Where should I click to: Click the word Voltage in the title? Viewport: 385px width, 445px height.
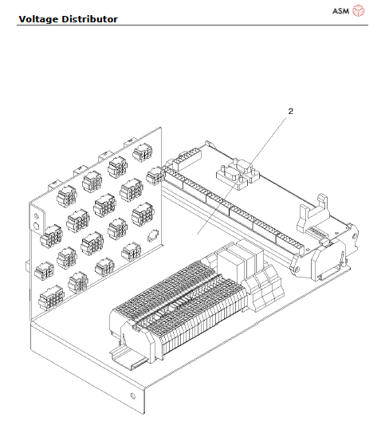(x=41, y=18)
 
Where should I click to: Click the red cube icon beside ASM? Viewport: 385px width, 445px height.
(x=359, y=10)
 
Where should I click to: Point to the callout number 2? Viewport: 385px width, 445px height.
(x=290, y=111)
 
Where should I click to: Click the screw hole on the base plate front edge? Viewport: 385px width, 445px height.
(x=132, y=396)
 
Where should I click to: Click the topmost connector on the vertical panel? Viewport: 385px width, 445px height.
(x=142, y=152)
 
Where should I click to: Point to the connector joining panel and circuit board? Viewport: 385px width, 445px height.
(x=155, y=174)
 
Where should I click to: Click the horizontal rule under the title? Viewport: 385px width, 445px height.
(x=192, y=24)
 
